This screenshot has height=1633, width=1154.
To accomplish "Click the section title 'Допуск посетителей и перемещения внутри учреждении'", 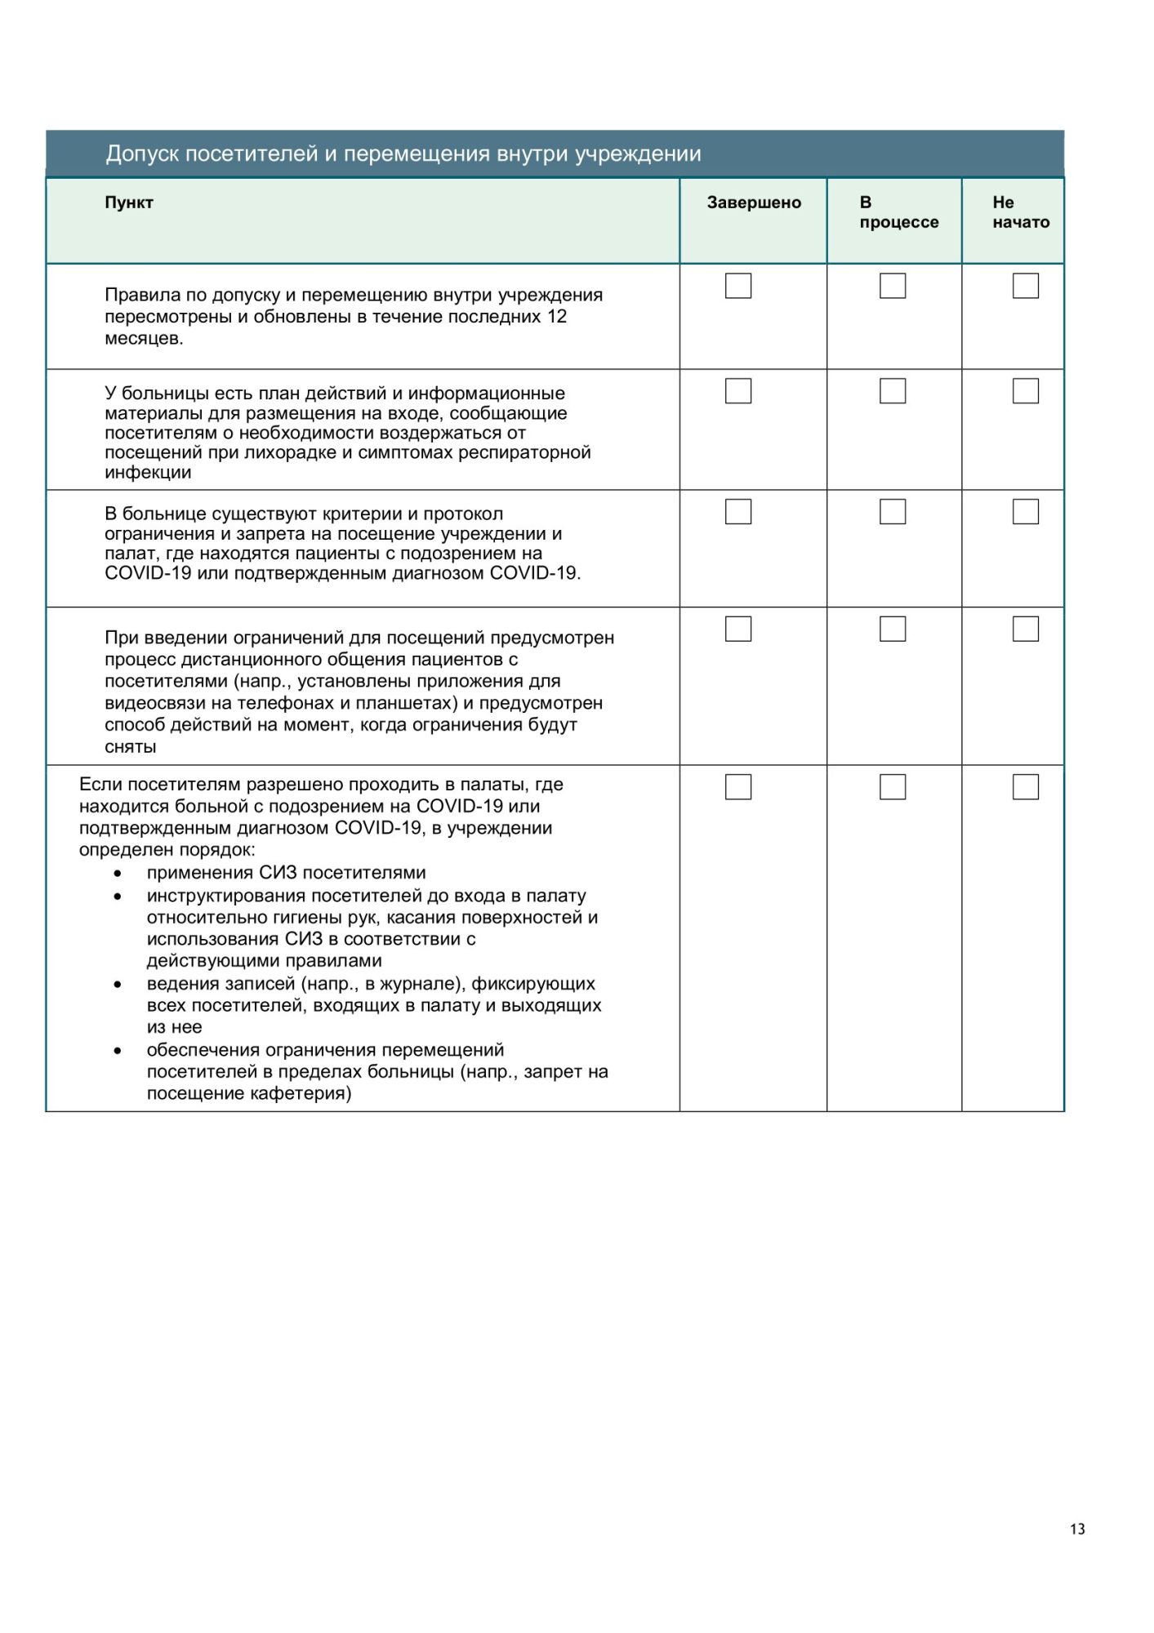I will tap(403, 154).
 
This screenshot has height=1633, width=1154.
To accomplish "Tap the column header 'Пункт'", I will tap(129, 202).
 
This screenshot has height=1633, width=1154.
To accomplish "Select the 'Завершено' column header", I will tap(754, 202).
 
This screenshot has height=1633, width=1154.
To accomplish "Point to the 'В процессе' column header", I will tap(898, 212).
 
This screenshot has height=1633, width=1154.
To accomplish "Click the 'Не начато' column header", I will tap(1020, 212).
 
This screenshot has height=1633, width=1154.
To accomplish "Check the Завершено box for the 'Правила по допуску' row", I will tap(738, 286).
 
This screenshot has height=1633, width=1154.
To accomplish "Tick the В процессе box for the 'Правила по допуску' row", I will tap(893, 286).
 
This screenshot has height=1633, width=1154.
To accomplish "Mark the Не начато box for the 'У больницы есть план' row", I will tap(1026, 391).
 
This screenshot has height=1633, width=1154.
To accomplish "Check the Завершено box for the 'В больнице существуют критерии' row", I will tap(738, 511).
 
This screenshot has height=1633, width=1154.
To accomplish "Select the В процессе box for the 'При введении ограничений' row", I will tap(893, 629).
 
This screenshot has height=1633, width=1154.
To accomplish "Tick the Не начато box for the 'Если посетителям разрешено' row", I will tap(1026, 786).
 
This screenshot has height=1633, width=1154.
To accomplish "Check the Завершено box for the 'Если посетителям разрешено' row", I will tap(738, 786).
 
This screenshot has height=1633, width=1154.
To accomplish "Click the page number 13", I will tap(1077, 1529).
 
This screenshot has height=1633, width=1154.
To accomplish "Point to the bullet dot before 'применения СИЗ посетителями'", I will tap(118, 874).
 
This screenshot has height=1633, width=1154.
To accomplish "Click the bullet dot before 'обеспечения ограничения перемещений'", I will tap(118, 1051).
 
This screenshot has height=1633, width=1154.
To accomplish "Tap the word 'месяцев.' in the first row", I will tap(144, 339).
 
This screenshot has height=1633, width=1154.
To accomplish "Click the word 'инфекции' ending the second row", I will tap(148, 473).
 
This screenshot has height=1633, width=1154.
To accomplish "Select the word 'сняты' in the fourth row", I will tap(131, 747).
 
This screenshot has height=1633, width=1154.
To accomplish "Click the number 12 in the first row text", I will tap(557, 317).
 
